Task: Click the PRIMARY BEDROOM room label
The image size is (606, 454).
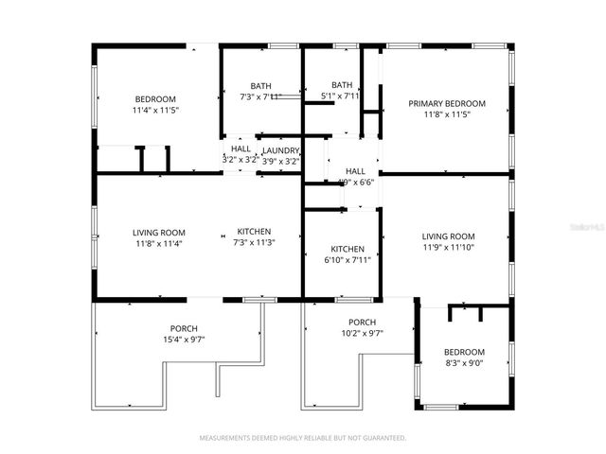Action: point(446,103)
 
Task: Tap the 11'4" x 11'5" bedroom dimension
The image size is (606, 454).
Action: point(155,111)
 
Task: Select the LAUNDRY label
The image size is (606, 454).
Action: point(281,150)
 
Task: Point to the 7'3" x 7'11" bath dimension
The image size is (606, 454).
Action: point(260,96)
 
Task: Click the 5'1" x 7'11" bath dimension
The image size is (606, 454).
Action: point(341,96)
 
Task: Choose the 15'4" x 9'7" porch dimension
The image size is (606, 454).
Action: point(184,340)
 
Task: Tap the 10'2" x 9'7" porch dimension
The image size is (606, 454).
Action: point(362,333)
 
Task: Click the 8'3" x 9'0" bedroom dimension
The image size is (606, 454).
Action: point(464,363)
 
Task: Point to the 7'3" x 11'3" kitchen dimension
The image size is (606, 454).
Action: point(254,243)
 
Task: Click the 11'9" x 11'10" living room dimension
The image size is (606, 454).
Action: point(448,248)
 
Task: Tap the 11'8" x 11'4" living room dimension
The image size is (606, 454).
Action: point(158,243)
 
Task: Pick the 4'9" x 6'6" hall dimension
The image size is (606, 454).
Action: point(356,182)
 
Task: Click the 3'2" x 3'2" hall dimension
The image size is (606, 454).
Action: point(241,161)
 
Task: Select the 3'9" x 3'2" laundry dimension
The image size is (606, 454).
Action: point(281,161)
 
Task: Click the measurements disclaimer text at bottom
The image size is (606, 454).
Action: point(302,438)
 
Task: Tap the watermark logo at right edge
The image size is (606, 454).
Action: point(592,227)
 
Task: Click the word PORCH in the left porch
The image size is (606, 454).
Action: point(184,328)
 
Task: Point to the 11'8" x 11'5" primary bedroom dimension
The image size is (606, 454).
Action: point(446,114)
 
